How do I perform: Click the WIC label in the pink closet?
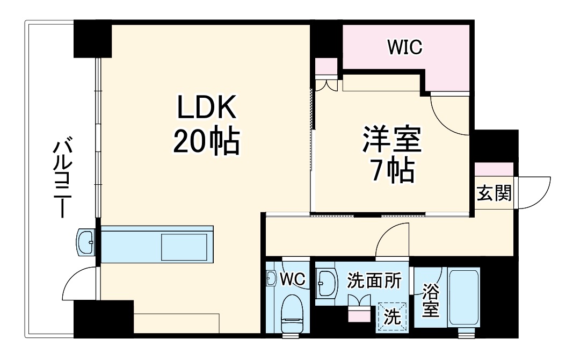tap(405, 47)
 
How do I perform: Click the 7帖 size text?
tap(392, 171)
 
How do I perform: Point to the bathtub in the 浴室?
tap(465, 298)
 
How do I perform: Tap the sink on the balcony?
tap(86, 243)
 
